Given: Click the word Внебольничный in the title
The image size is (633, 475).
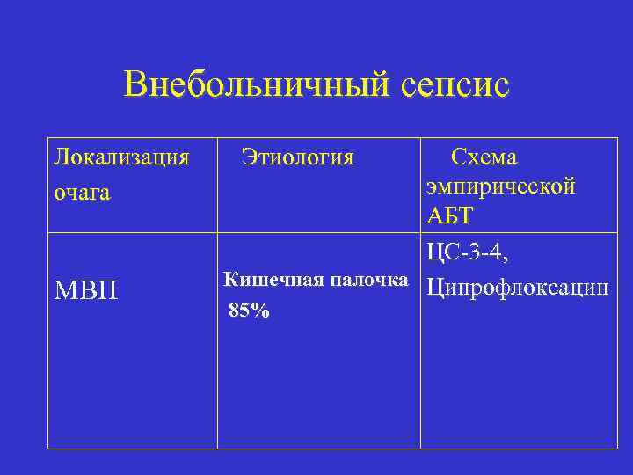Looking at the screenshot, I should [254, 85].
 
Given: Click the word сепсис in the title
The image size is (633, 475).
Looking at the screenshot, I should [455, 85].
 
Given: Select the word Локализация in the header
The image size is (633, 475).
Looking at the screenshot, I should [121, 157].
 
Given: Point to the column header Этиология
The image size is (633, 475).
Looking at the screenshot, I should [297, 157].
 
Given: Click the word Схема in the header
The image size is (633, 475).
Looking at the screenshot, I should [484, 157].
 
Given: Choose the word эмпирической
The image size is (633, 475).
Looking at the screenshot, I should [501, 186].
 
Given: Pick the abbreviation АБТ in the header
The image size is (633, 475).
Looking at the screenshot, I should [449, 216].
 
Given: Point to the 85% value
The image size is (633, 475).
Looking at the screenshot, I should [249, 311].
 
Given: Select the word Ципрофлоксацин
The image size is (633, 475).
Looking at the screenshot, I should [517, 288].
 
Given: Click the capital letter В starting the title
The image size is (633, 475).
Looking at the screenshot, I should [135, 85].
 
